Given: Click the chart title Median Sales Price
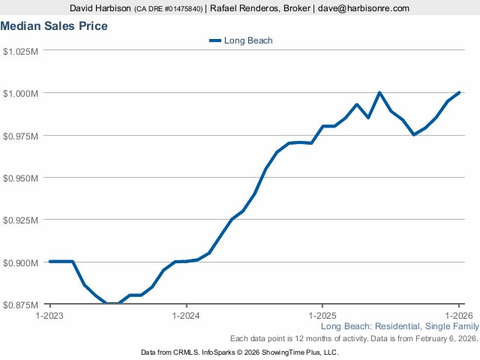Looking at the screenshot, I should (54, 26).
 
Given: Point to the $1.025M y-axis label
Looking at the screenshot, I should (21, 51).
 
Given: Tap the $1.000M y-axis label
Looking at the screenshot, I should (21, 93).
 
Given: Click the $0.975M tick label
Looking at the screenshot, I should (21, 136).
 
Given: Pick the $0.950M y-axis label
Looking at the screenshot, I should (21, 178).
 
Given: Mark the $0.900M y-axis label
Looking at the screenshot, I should (21, 262).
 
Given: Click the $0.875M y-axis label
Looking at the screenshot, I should (21, 304).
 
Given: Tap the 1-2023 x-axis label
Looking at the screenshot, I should (50, 316).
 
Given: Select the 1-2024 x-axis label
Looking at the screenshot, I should (186, 316).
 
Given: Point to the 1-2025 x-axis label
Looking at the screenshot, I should (322, 316).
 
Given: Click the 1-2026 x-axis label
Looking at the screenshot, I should (457, 316).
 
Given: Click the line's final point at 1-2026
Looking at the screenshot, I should (458, 93).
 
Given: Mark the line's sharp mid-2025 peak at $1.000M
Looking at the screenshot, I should (379, 93).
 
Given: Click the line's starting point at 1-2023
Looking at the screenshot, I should (50, 262).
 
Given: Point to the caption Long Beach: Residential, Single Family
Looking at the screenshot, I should (399, 327).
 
